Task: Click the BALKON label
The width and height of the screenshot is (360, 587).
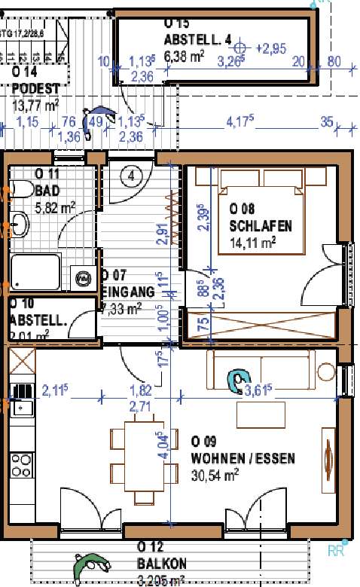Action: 162,563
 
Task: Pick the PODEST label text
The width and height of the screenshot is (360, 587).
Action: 35,88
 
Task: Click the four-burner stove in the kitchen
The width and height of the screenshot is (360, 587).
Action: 22,460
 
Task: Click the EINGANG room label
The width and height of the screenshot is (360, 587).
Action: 128,292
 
